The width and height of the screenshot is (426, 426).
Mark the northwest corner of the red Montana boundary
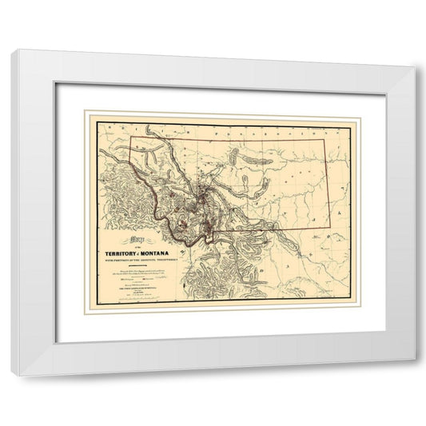click(130, 136)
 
